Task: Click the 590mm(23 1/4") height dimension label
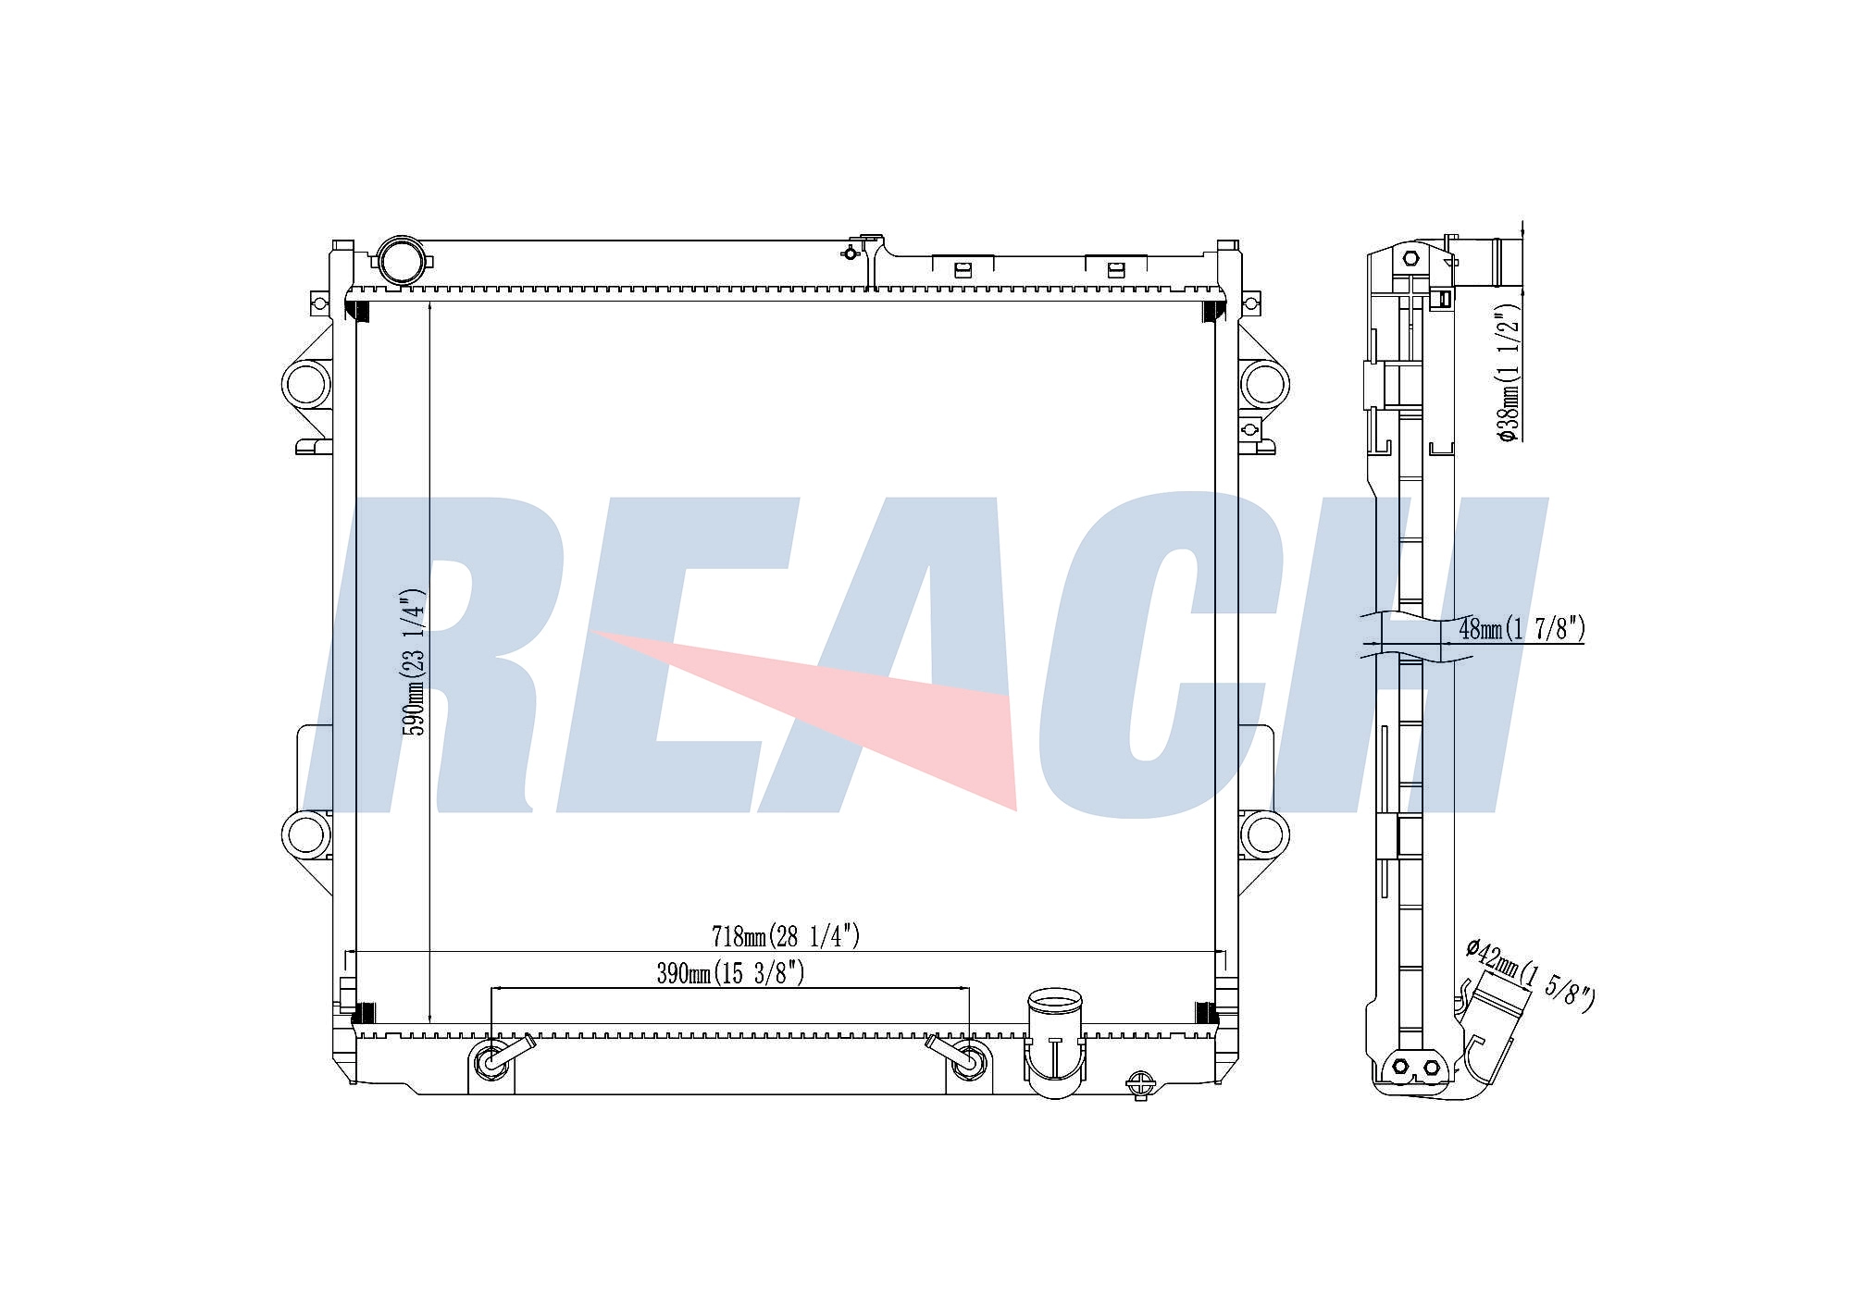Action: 414,661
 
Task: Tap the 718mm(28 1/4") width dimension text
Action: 786,936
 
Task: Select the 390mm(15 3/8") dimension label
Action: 730,973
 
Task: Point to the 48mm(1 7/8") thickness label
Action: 1522,629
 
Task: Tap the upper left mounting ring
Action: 305,384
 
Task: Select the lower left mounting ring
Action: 305,835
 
